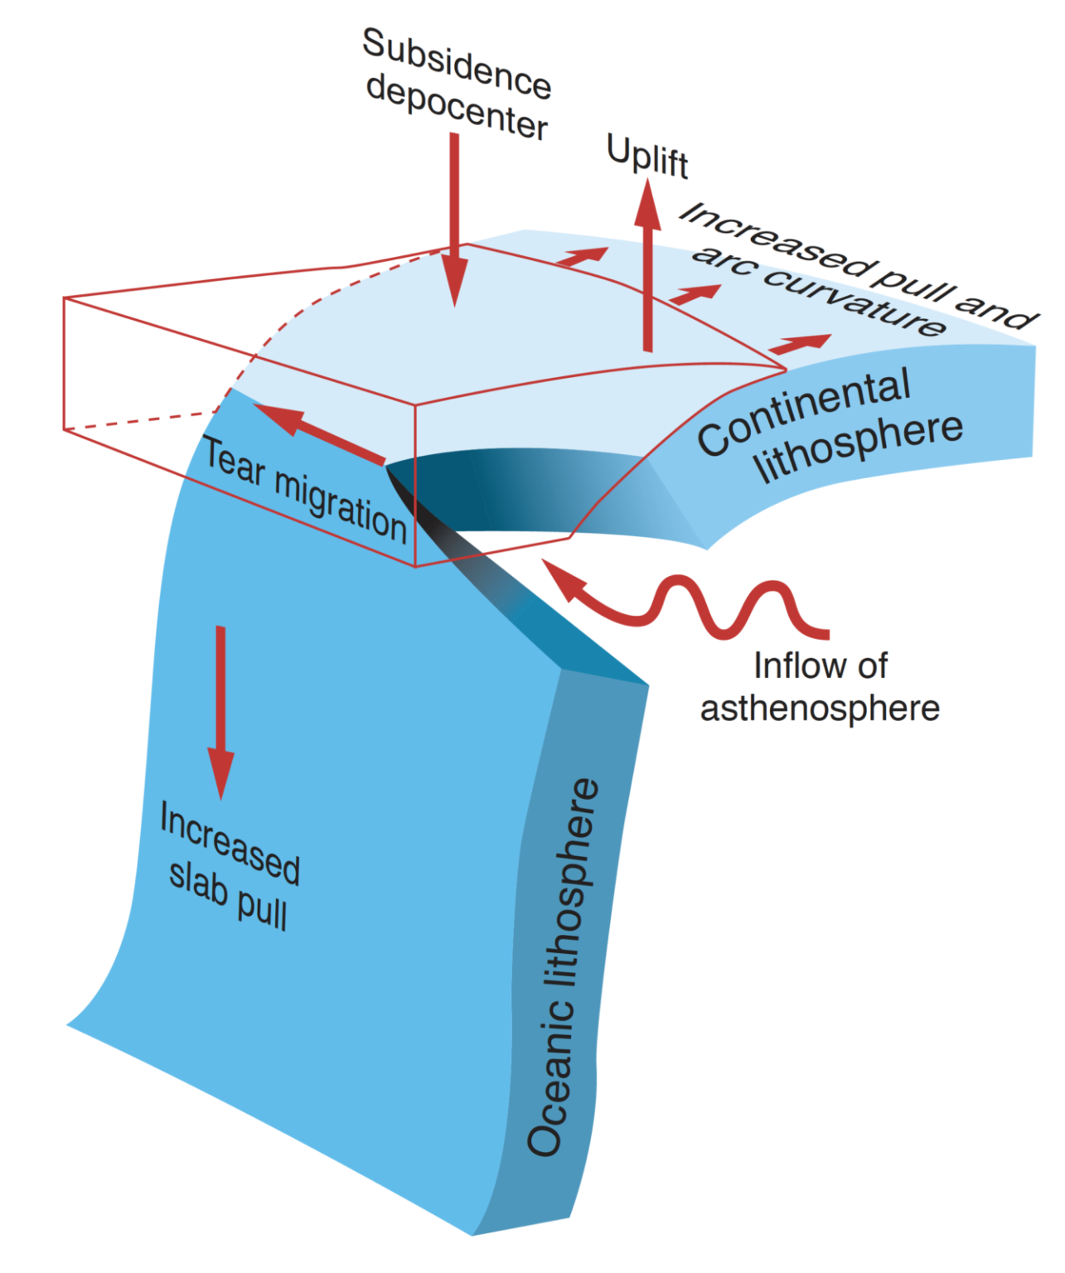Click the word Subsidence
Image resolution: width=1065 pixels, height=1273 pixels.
(x=457, y=63)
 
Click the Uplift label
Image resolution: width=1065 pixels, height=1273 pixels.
(x=647, y=156)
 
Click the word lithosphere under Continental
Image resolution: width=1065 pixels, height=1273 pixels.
(x=859, y=447)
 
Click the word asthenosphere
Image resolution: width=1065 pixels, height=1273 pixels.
(x=820, y=709)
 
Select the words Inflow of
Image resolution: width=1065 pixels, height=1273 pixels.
(x=820, y=666)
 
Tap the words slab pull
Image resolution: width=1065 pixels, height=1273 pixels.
(x=228, y=895)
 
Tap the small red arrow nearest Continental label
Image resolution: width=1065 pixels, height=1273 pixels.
(x=800, y=343)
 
